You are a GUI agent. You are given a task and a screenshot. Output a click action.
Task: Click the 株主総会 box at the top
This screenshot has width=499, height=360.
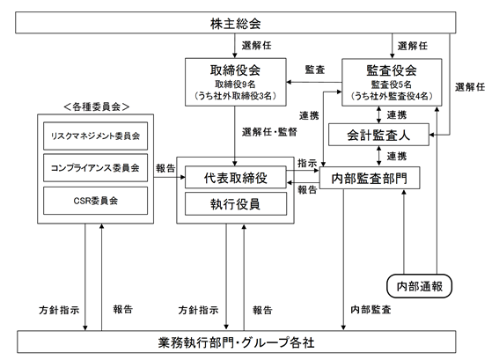236,23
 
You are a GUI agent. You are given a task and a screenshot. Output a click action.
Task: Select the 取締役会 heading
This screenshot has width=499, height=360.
235,70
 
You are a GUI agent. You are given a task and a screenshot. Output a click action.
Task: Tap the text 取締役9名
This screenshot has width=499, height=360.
235,84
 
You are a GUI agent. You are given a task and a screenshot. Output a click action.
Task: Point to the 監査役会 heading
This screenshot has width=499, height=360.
392,70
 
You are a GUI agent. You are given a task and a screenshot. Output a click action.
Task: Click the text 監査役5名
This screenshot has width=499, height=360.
392,84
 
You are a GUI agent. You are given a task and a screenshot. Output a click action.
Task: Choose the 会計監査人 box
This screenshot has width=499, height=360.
378,135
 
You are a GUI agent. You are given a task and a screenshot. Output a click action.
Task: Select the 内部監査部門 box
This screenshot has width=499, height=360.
370,178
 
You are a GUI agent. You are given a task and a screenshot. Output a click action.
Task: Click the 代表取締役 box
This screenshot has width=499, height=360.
236,177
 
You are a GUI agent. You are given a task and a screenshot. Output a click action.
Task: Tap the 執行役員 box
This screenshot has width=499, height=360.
236,203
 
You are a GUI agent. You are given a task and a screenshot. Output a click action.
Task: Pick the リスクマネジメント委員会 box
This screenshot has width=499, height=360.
95,136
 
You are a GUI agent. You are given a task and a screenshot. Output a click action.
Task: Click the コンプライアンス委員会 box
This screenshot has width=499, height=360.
95,168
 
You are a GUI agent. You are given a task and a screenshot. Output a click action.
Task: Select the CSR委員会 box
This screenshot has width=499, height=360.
95,201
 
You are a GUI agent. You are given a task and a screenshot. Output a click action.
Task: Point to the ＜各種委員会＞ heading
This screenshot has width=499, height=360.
97,107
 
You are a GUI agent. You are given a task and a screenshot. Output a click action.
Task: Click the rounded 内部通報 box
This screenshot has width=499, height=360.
419,286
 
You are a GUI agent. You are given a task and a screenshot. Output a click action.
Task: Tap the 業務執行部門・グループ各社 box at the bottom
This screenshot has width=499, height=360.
237,342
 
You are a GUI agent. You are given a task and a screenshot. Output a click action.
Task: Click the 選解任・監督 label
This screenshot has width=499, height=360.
269,132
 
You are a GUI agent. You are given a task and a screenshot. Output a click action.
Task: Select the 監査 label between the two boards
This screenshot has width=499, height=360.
315,70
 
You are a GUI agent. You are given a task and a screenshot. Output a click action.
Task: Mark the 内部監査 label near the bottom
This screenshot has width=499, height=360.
371,310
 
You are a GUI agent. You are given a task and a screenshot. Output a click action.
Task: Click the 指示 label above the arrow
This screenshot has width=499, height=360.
307,164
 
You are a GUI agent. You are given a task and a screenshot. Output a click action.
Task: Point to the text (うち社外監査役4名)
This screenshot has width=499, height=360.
392,96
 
